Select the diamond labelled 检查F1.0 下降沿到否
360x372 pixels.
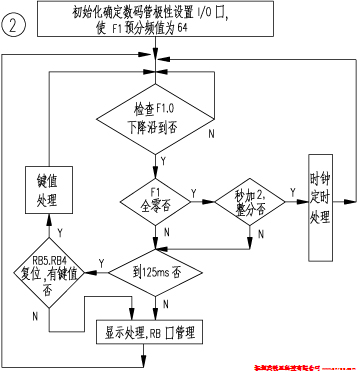click(154, 115)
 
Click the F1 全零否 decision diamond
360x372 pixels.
click(154, 200)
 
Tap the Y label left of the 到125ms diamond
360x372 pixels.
click(103, 262)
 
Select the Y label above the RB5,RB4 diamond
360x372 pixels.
click(58, 231)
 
